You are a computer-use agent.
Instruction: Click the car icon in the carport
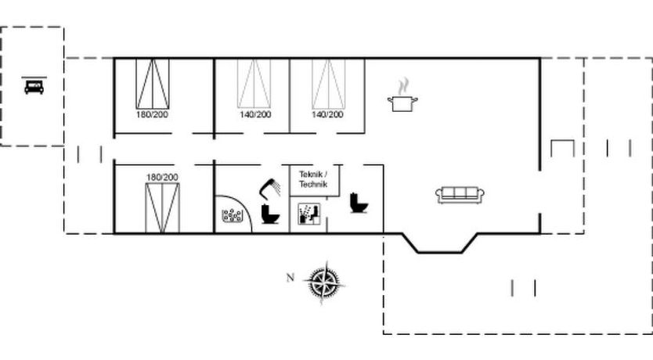[34, 87]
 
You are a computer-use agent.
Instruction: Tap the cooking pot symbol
[402, 103]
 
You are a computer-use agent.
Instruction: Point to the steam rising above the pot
[402, 86]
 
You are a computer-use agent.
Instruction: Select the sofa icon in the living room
[460, 195]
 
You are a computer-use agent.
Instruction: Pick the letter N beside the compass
[290, 278]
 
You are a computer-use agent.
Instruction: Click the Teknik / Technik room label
[313, 179]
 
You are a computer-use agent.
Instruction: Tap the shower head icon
[270, 188]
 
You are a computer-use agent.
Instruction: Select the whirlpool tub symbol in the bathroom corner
[233, 215]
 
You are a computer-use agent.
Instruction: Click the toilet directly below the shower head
[270, 214]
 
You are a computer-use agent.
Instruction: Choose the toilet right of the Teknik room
[359, 203]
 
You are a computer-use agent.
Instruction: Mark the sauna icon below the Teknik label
[309, 214]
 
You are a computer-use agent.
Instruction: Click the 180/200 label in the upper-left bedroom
[152, 114]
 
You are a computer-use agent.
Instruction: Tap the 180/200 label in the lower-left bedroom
[162, 178]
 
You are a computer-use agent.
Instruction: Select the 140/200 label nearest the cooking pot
[328, 114]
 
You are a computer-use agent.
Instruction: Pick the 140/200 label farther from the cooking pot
[255, 114]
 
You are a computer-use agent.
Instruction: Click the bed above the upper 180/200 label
[153, 84]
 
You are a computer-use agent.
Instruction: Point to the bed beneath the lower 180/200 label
[162, 208]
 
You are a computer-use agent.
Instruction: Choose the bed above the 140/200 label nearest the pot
[329, 84]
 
